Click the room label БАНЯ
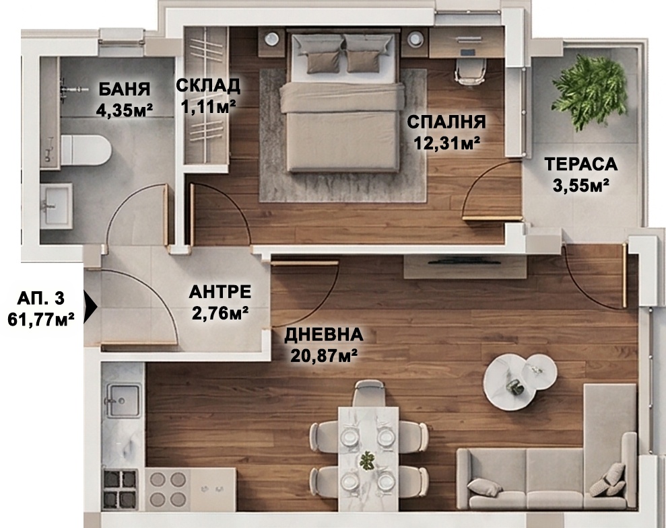tap(124, 89)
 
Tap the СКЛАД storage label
tap(208, 85)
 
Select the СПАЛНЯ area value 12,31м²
tap(447, 143)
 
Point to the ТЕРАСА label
tap(581, 163)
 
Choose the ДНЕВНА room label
tap(324, 334)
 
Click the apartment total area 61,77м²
tap(41, 319)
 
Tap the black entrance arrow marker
tap(90, 306)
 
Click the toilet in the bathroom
tap(86, 150)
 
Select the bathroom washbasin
tap(57, 206)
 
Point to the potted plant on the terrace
tap(589, 92)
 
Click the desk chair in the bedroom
tap(470, 71)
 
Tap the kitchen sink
tap(123, 401)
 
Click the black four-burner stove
tap(121, 490)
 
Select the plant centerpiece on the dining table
tap(366, 461)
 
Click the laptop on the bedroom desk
tap(468, 53)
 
